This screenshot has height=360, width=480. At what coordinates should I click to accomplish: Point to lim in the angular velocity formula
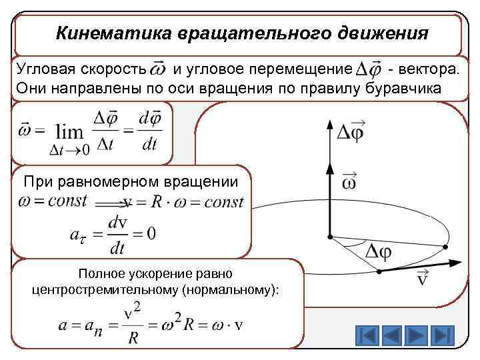(69, 131)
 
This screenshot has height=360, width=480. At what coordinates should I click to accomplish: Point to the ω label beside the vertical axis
(349, 181)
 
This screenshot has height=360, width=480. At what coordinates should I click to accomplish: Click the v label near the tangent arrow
(422, 277)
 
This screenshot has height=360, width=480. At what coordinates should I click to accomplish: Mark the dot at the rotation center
(329, 235)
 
